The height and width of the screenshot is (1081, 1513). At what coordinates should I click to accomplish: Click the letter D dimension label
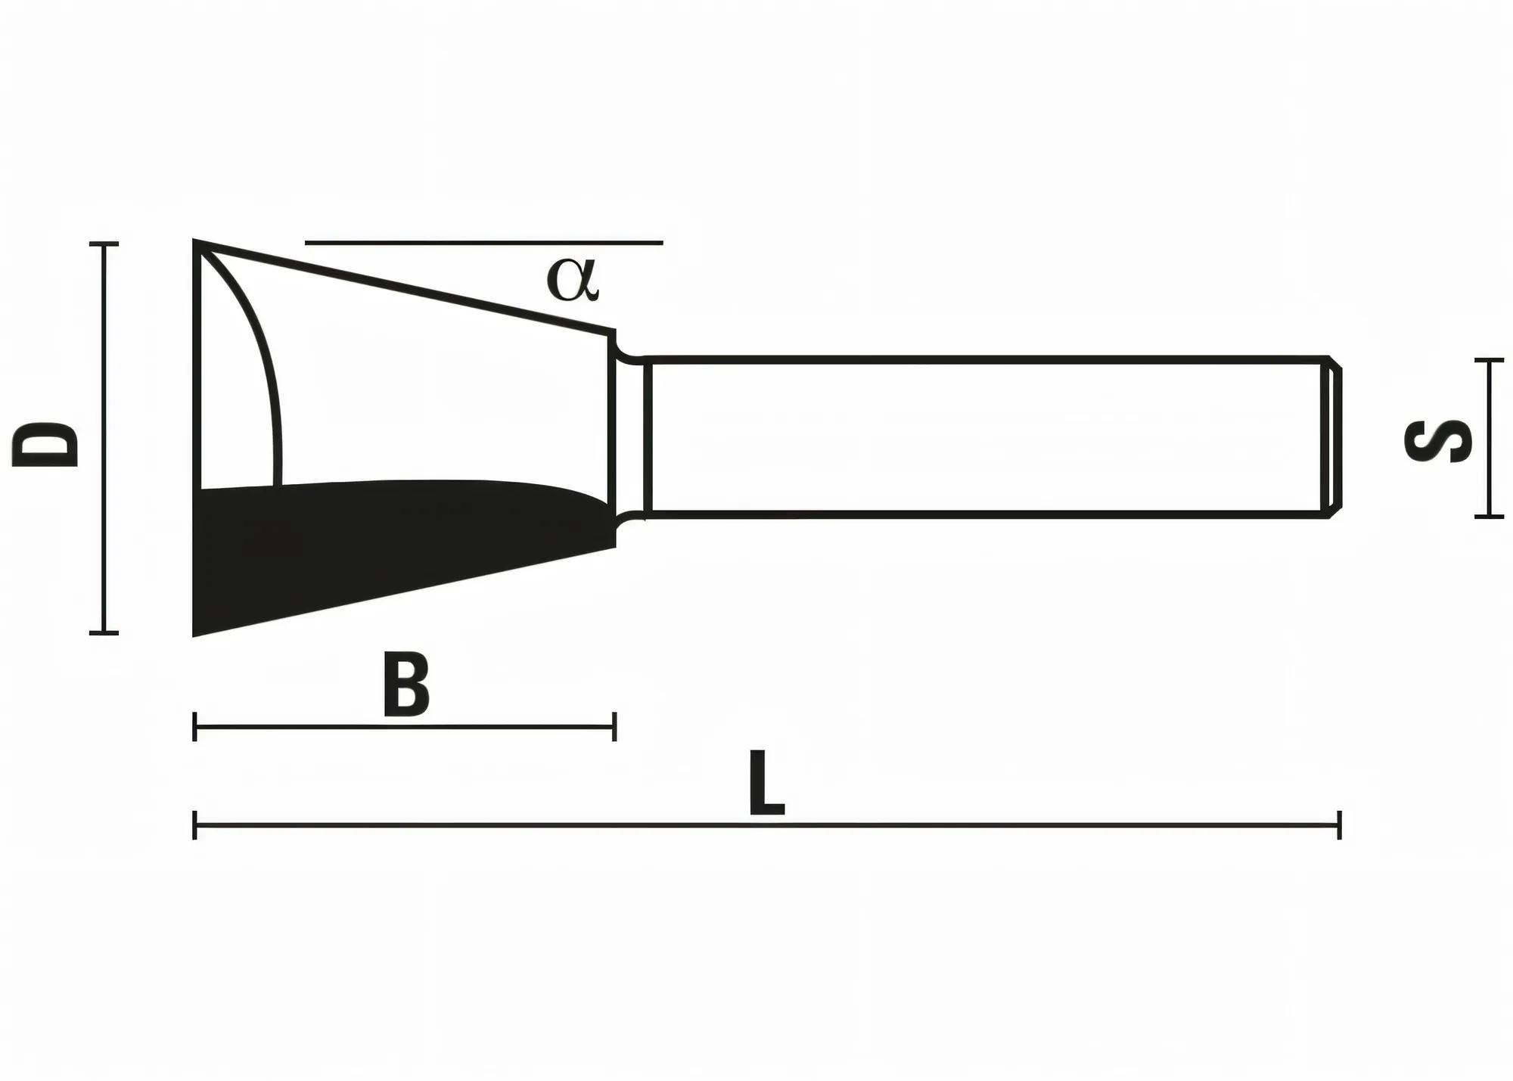(47, 444)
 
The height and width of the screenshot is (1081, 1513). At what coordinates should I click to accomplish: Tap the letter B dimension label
(406, 684)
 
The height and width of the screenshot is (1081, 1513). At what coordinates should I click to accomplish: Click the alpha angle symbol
(573, 280)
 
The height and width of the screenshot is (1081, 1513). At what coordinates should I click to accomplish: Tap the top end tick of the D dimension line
(104, 244)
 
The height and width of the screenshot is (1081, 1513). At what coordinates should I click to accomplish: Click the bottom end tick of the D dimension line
(104, 632)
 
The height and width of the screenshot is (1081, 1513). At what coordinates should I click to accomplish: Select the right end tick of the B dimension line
(614, 727)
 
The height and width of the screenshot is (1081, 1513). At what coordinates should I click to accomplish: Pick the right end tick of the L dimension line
(1339, 825)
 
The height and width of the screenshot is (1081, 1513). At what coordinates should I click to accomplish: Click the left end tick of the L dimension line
(195, 825)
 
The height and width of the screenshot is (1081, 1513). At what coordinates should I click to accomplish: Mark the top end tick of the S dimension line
(1489, 360)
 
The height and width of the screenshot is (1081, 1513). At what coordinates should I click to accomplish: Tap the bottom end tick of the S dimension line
(1489, 517)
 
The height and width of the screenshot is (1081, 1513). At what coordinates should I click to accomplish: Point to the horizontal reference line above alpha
(484, 243)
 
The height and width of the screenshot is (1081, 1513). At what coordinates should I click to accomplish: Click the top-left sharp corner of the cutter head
(197, 243)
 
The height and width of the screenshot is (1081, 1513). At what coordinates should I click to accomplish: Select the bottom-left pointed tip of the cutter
(196, 634)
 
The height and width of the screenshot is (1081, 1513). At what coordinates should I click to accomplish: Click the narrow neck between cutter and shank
(629, 437)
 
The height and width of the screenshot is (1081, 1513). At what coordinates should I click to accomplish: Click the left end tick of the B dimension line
(195, 727)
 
